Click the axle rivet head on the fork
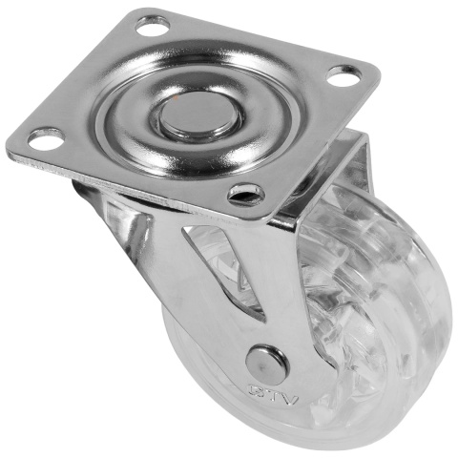pyautogui.click(x=266, y=363)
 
